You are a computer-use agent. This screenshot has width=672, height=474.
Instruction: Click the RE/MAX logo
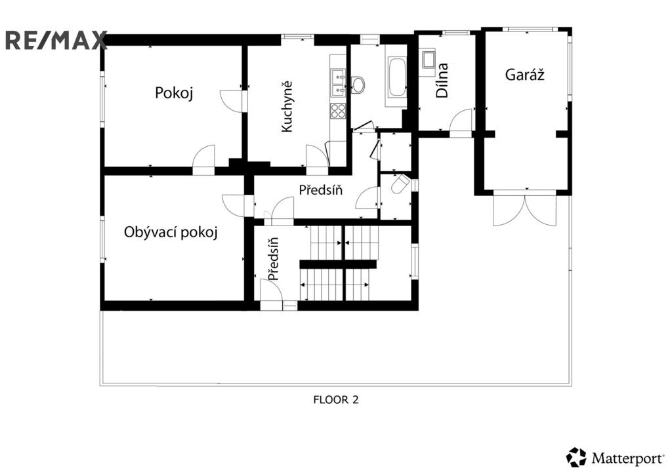[56, 40]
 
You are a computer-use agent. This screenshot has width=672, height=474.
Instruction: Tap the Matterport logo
[616, 458]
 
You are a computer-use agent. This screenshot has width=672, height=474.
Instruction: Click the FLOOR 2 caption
[336, 400]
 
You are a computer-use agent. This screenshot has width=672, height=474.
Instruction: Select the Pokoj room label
[174, 92]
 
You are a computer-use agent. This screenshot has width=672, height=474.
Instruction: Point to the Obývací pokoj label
[171, 232]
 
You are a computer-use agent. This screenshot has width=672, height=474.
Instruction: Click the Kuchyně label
[286, 107]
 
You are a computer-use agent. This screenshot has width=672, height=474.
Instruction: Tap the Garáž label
[524, 75]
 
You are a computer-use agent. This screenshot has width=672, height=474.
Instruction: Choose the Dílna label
[442, 80]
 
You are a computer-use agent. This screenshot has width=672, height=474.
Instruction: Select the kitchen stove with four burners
[337, 111]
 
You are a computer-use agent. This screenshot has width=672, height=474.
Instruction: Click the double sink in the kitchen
[338, 83]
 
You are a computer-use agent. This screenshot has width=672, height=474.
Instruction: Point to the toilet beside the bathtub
[358, 85]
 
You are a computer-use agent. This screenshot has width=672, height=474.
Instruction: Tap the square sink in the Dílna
[428, 60]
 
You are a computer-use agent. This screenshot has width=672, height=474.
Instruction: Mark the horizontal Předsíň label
[320, 189]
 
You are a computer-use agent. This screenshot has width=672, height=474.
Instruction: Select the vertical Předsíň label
[274, 258]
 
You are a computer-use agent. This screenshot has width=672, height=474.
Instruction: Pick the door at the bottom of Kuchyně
[317, 156]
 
